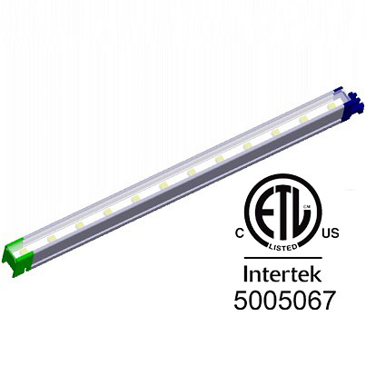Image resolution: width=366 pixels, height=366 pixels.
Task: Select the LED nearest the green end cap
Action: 51,237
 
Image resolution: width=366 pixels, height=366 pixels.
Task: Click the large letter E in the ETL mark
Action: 265,216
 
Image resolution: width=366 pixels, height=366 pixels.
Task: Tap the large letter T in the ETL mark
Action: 283,216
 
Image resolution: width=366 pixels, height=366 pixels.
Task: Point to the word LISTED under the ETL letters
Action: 285,245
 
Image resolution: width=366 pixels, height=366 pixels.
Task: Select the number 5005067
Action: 284,299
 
